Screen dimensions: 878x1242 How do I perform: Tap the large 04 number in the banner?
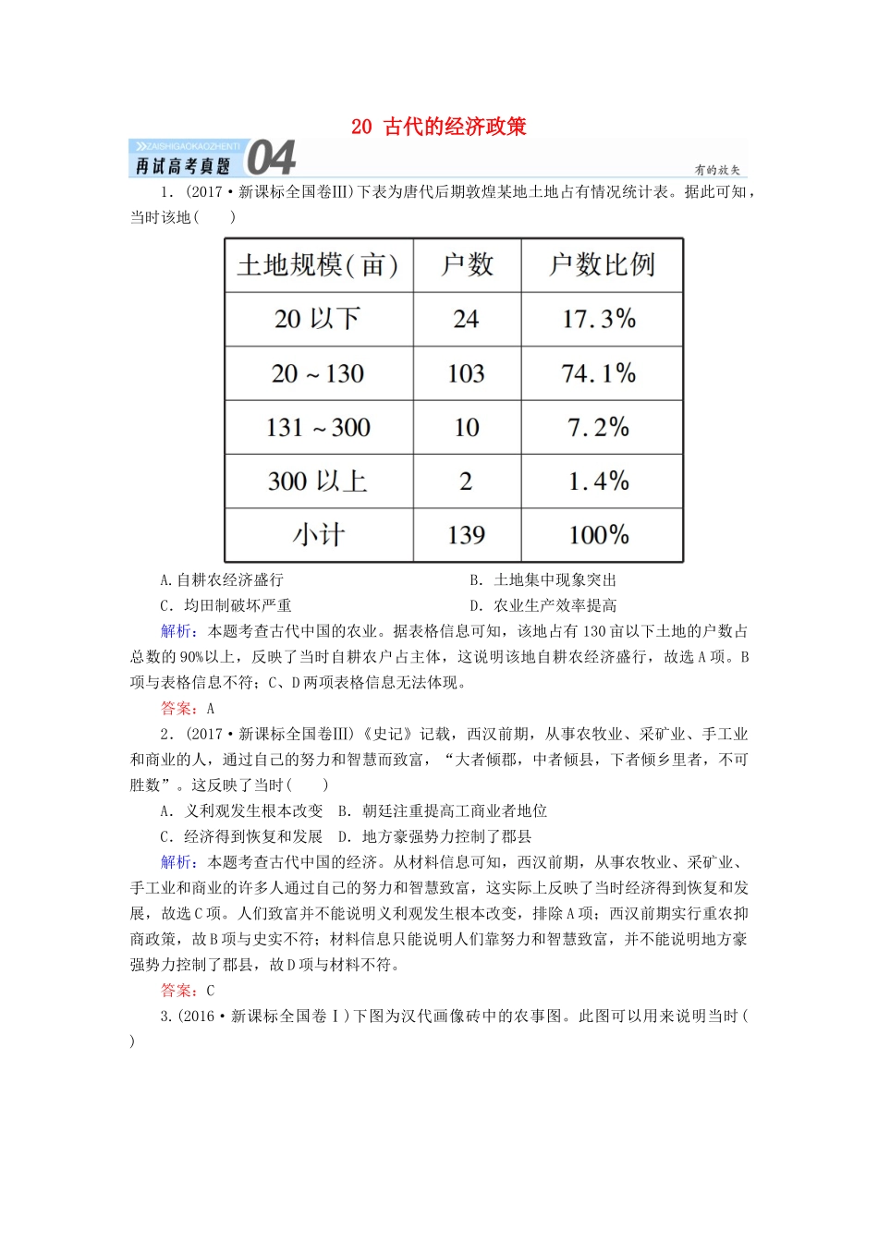(x=272, y=158)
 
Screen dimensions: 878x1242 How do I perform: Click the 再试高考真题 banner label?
(x=183, y=166)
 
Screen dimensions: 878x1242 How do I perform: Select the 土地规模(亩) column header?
(x=318, y=266)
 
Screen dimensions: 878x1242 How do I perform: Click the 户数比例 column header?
(x=602, y=266)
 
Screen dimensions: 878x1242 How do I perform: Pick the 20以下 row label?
(x=317, y=320)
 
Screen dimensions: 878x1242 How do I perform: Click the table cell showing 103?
(x=466, y=374)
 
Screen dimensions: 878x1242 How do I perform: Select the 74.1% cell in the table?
(x=599, y=374)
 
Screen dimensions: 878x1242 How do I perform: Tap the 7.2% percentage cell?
(x=599, y=428)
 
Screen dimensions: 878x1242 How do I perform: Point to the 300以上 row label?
(x=317, y=481)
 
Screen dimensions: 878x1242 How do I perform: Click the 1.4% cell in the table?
(x=599, y=481)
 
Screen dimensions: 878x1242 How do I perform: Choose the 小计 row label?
(x=318, y=535)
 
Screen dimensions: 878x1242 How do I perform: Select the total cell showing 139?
(x=466, y=535)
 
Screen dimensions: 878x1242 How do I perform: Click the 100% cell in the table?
(x=599, y=535)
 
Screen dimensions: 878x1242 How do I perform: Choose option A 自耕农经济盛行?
(x=222, y=580)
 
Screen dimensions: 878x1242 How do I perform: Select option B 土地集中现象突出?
(x=543, y=580)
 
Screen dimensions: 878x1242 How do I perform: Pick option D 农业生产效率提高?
(x=543, y=606)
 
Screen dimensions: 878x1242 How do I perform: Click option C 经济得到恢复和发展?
(x=241, y=837)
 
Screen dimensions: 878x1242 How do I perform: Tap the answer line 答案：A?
(x=188, y=709)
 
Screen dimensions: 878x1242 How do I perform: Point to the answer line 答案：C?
(x=188, y=991)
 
